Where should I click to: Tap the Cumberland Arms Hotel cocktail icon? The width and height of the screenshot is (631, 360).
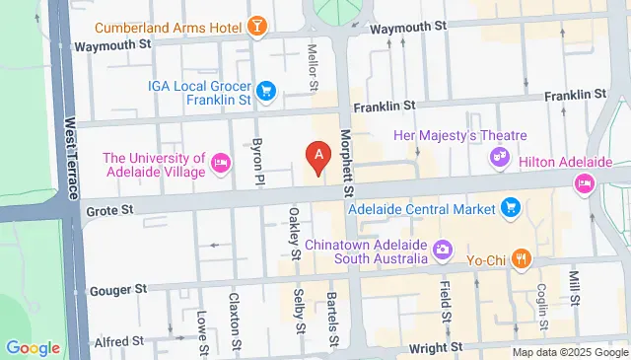pos(257,26)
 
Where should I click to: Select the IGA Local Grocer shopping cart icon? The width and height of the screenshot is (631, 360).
pos(265,94)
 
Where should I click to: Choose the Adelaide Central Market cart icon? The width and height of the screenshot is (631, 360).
pos(511,207)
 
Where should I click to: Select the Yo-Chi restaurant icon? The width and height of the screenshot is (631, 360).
pos(523,260)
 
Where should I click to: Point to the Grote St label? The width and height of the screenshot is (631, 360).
pos(103,210)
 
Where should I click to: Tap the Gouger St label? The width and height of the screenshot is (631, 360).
pos(117,290)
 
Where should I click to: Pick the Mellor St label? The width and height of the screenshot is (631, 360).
pos(313,67)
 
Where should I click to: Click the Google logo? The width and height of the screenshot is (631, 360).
pos(33,347)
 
